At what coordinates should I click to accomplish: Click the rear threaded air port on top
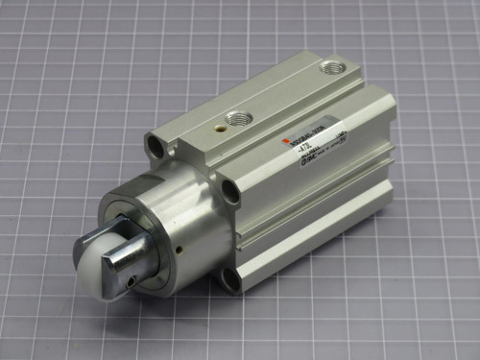pyautogui.click(x=334, y=69)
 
